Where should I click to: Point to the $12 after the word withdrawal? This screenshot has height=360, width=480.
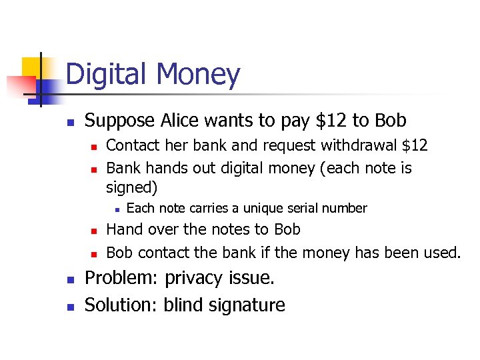413,145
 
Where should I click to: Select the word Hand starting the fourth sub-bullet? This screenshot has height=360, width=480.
123,229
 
